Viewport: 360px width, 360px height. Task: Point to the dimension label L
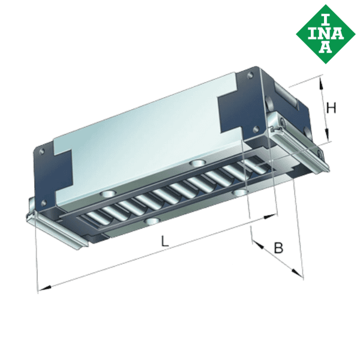[x=165, y=241]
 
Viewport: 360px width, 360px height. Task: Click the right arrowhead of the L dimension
[x=275, y=214]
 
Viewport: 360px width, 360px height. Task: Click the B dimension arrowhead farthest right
[x=299, y=274]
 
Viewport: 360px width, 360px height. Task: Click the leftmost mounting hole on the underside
[x=108, y=194]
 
